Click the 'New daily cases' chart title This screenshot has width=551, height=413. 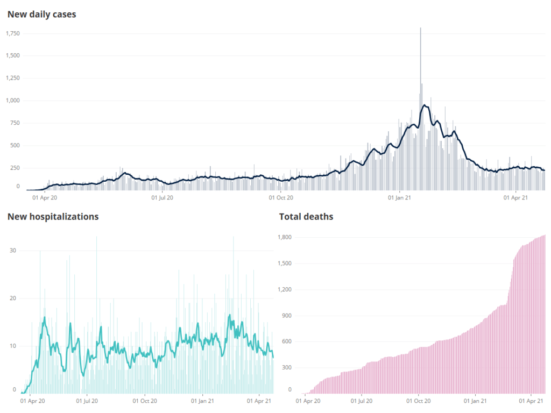(x=41, y=15)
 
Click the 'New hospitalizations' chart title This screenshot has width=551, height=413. (x=53, y=217)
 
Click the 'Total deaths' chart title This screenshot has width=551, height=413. (x=306, y=217)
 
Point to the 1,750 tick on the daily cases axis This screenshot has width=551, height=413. (x=12, y=33)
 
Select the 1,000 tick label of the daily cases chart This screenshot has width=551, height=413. (x=12, y=101)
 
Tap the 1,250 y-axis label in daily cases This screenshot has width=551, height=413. (x=12, y=78)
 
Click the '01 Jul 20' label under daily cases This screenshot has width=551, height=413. (x=162, y=197)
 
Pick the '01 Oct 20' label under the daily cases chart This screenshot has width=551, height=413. (x=281, y=197)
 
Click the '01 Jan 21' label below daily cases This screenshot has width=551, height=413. (x=400, y=197)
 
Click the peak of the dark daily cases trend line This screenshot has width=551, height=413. (x=425, y=105)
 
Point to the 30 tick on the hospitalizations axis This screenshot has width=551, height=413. (x=13, y=251)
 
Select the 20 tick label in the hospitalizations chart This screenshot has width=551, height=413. (x=13, y=298)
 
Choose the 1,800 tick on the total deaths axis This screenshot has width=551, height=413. (x=283, y=237)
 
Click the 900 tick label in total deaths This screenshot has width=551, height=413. (x=285, y=316)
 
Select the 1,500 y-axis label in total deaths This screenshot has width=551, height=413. (x=283, y=264)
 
